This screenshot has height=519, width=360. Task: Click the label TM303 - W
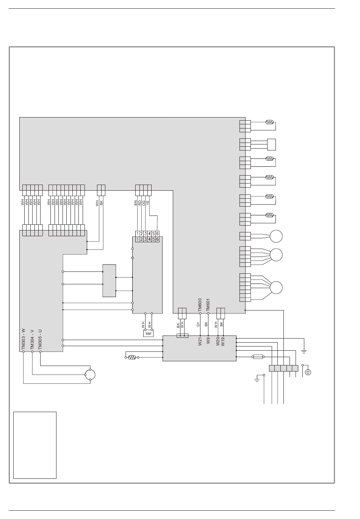click(x=23, y=339)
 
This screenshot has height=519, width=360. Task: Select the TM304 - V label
click(x=32, y=339)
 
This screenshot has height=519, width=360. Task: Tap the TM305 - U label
click(x=40, y=339)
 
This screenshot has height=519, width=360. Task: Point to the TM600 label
click(x=200, y=305)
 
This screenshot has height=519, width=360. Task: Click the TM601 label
click(x=208, y=305)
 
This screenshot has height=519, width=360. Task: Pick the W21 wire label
click(x=200, y=342)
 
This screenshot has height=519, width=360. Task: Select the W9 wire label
click(x=208, y=340)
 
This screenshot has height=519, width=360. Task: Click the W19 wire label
click(x=223, y=342)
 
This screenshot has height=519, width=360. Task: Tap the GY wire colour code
click(x=198, y=325)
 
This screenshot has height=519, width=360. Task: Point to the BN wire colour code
click(x=136, y=203)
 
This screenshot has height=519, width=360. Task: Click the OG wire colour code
click(x=144, y=203)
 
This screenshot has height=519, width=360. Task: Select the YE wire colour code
click(x=148, y=203)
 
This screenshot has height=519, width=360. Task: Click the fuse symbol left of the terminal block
click(x=258, y=357)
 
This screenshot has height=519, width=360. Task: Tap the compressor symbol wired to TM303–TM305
click(x=90, y=375)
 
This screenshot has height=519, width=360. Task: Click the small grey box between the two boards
click(x=109, y=281)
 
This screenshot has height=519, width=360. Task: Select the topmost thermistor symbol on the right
click(x=269, y=122)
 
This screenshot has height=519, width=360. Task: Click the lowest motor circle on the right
click(x=276, y=287)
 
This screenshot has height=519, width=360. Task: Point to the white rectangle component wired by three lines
click(x=271, y=144)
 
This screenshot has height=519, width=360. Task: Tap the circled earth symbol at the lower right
click(x=308, y=372)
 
